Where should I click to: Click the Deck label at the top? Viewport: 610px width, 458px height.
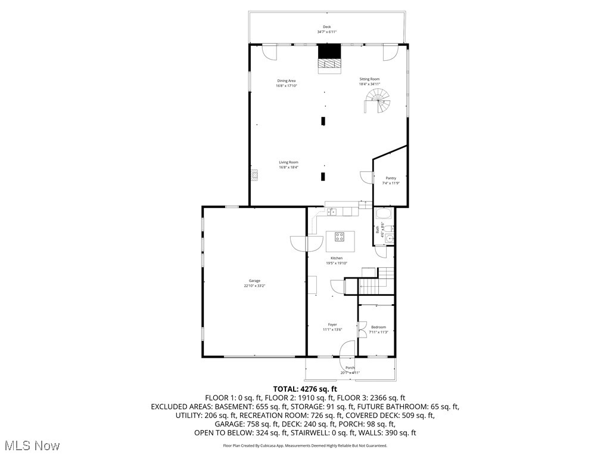click(x=326, y=27)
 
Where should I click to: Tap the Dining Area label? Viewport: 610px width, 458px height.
click(x=286, y=81)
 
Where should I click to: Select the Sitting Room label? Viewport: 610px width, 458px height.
click(x=369, y=79)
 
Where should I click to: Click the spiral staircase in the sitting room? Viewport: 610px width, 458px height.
click(x=379, y=104)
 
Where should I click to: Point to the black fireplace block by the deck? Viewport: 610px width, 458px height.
click(x=329, y=51)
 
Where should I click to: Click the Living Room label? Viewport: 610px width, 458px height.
click(x=288, y=162)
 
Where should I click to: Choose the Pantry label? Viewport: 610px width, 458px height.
click(x=390, y=178)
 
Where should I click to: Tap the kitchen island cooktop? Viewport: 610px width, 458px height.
click(x=340, y=237)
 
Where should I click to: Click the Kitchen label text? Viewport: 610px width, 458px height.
click(x=337, y=258)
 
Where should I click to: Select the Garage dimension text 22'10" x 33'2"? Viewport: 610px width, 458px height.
click(x=254, y=286)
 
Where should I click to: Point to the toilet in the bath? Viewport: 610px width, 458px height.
click(x=388, y=228)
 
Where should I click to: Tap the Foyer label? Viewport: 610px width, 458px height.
click(x=332, y=324)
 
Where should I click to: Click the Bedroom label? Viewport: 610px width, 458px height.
click(x=378, y=327)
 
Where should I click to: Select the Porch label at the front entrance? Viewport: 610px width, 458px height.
click(x=350, y=368)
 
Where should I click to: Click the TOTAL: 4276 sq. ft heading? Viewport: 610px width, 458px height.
click(x=304, y=388)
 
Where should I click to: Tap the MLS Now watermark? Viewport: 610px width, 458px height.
click(x=31, y=445)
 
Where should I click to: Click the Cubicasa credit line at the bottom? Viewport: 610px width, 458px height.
click(x=304, y=445)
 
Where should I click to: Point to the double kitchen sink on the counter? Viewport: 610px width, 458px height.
click(x=332, y=211)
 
